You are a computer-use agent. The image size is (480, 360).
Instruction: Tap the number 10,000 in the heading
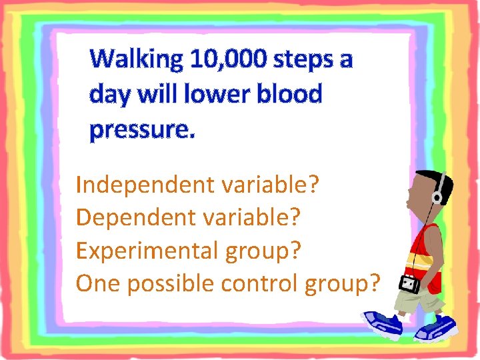pos(231,60)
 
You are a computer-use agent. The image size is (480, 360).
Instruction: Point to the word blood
pos(291,95)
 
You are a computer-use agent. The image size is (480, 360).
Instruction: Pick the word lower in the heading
pos(223,95)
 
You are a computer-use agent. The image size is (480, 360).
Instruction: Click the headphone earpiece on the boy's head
pos(438,198)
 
